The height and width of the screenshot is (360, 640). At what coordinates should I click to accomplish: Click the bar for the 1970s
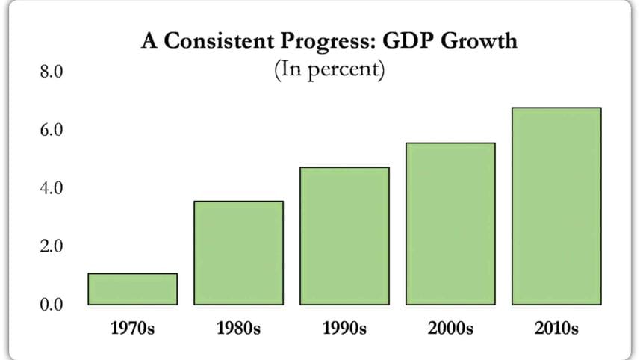tap(132, 289)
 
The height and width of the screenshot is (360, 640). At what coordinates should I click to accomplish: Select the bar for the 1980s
tap(238, 253)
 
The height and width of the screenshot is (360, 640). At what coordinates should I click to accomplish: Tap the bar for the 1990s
tap(344, 236)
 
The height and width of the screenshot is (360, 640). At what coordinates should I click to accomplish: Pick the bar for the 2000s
tap(450, 224)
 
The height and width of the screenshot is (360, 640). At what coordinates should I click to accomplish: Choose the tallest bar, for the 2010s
tap(556, 206)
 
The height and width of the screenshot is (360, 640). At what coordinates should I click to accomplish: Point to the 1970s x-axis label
tap(132, 328)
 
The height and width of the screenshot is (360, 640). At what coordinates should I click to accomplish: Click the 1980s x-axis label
tap(238, 328)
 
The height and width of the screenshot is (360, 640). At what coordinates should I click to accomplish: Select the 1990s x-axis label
tap(344, 328)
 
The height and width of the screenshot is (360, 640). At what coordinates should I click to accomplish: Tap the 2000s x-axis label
tap(450, 328)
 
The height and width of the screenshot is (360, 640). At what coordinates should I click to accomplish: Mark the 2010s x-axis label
tap(556, 328)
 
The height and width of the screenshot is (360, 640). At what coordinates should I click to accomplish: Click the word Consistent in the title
tap(209, 40)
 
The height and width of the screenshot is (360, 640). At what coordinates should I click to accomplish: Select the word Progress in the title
tap(320, 42)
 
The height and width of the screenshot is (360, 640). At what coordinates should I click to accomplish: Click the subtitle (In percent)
tap(329, 71)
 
